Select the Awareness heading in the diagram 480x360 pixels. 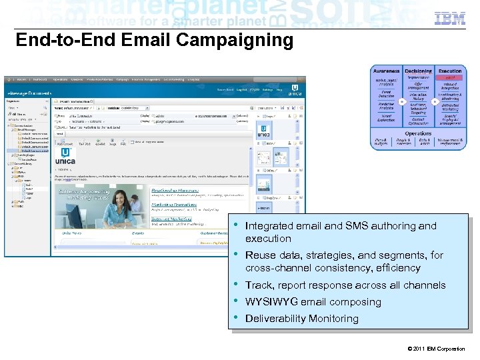387,71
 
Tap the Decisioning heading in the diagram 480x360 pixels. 418,71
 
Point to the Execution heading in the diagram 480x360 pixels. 450,71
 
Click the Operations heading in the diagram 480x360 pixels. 418,133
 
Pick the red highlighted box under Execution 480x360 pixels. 450,78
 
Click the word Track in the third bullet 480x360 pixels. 259,285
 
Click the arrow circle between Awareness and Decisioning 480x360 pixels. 402,101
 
